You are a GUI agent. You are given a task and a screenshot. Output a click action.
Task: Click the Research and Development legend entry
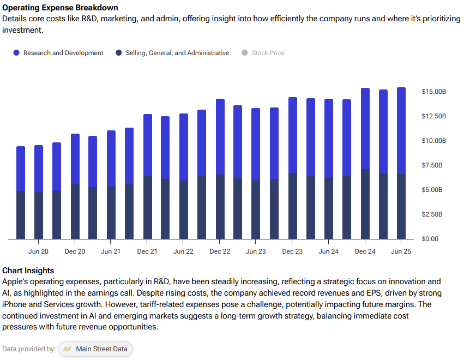coord(63,53)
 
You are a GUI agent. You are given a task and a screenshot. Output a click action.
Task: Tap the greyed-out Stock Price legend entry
coord(268,53)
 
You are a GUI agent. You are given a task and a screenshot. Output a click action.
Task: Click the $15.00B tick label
coord(433,91)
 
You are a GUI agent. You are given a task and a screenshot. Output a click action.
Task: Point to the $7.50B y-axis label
coord(433,165)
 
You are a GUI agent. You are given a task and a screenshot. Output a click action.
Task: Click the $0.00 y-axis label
coord(430,239)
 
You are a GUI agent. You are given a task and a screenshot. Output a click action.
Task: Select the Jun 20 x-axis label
coord(38,251)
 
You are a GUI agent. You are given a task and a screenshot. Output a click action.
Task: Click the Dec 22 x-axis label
coord(220,251)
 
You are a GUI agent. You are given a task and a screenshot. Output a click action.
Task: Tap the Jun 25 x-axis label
coord(401,251)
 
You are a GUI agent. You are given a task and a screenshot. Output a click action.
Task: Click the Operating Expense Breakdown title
coord(60,8)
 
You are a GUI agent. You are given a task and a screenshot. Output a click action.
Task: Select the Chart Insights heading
coord(28,271)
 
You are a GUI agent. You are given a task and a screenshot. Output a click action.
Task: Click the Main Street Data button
coord(95,349)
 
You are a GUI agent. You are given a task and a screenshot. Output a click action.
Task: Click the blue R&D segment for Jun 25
coord(401,131)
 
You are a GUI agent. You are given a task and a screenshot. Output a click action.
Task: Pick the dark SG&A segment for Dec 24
coord(365,204)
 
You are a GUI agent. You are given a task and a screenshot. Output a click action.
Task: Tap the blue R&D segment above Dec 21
coord(147,145)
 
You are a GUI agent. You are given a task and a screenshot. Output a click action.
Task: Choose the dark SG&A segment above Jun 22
coord(183,210)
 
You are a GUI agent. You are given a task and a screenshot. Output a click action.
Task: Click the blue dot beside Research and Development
coord(16,53)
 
